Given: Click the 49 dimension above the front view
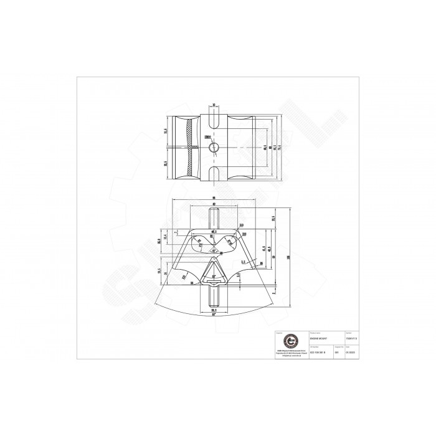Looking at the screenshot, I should pyautogui.click(x=214, y=206).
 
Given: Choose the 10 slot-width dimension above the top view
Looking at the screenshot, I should pyautogui.click(x=214, y=105).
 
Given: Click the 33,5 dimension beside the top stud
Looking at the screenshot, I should pyautogui.click(x=272, y=218).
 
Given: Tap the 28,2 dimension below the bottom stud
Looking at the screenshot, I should pyautogui.click(x=214, y=310).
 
